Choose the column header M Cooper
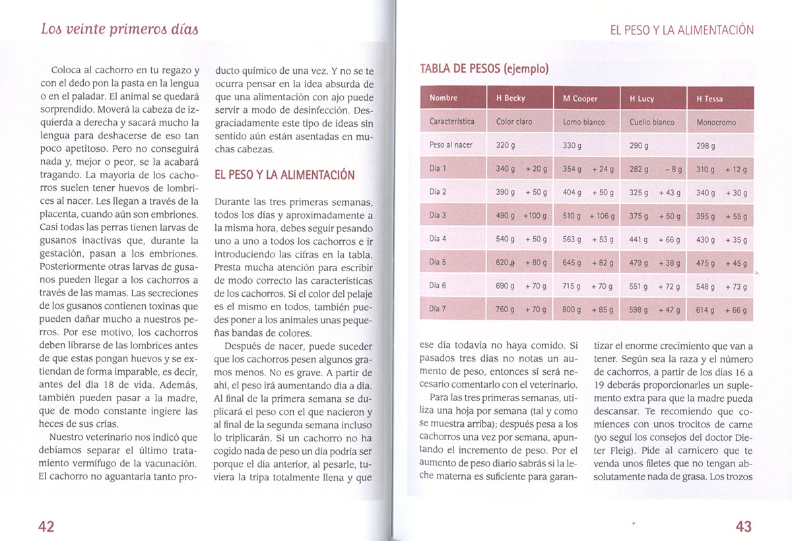coord(580,99)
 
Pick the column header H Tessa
coord(709,99)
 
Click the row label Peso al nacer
coord(451,145)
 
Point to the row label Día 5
coord(438,262)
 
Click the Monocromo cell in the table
coord(716,122)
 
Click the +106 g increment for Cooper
coord(601,216)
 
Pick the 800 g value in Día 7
coord(572,309)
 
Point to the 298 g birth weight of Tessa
coord(706,146)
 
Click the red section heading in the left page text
coord(284,175)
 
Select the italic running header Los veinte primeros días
coord(119,29)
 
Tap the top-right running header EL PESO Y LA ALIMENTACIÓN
coord(681,30)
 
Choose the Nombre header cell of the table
coord(443,98)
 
